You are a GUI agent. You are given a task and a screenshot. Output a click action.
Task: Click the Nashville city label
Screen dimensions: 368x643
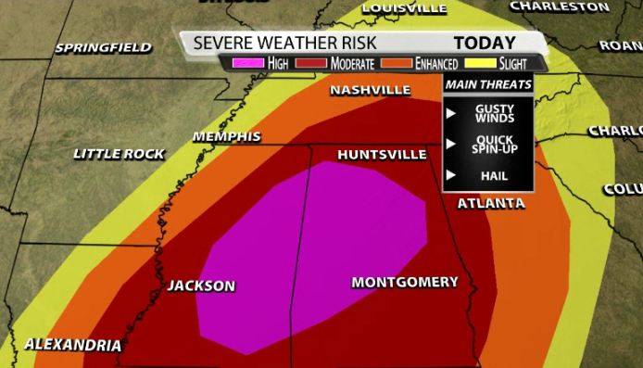(371, 90)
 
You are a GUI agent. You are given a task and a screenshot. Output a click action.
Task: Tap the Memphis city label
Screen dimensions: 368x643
(226, 136)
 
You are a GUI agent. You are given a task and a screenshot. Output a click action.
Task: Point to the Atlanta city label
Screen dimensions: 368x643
(490, 203)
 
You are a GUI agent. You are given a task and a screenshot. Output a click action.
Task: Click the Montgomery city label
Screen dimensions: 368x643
(405, 282)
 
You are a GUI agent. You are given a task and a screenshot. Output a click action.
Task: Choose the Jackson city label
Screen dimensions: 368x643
(201, 286)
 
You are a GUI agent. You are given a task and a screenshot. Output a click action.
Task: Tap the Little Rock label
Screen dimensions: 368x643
(119, 153)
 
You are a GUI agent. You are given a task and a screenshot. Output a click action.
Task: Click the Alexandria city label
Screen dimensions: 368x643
(72, 345)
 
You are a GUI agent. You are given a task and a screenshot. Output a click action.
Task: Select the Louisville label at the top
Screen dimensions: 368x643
(403, 7)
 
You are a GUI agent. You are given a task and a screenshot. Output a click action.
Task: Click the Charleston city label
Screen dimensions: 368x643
(560, 6)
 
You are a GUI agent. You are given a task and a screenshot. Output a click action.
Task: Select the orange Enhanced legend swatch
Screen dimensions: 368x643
(398, 63)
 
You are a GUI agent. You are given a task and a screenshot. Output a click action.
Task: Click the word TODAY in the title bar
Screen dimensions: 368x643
(484, 43)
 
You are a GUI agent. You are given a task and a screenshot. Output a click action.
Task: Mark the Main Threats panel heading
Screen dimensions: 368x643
(488, 84)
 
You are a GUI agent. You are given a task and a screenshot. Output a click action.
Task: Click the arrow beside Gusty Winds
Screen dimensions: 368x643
(451, 113)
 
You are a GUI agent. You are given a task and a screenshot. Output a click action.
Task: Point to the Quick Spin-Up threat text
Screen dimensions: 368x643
(493, 145)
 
